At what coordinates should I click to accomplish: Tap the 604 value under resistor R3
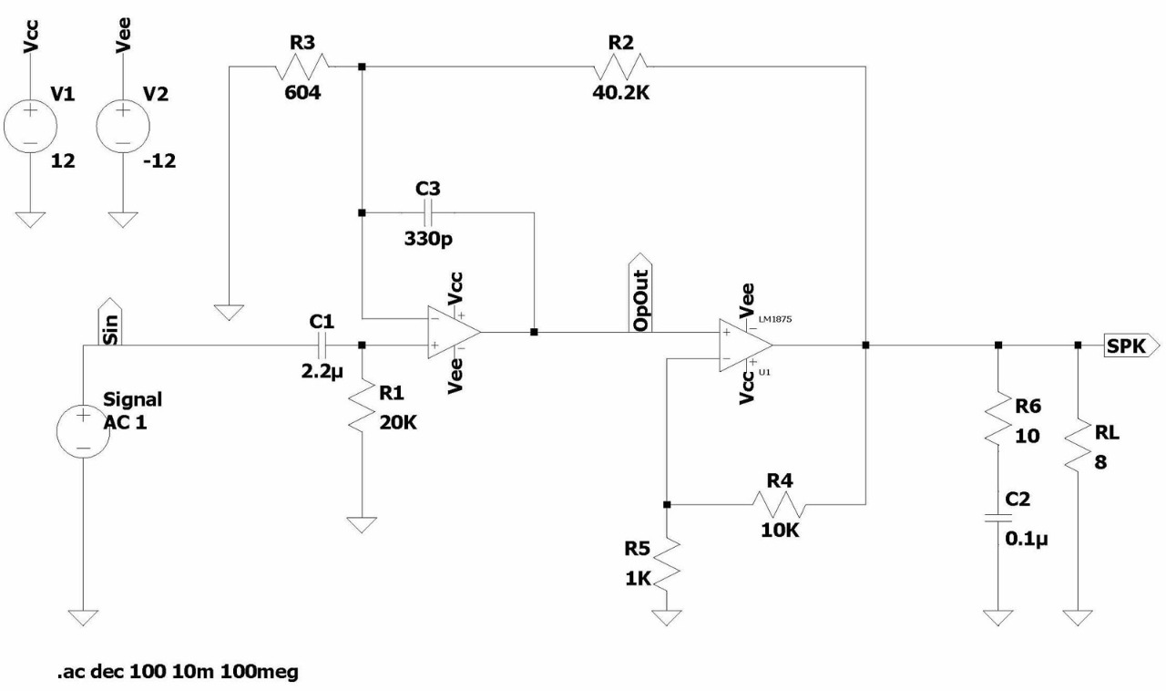[302, 93]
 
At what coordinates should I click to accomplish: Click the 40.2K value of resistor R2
[620, 93]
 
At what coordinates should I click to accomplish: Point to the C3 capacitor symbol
[428, 212]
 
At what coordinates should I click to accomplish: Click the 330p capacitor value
[428, 239]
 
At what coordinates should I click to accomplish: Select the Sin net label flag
[110, 322]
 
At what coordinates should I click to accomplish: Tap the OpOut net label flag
[640, 293]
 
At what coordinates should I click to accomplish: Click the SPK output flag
[1131, 345]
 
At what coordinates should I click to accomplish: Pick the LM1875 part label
[775, 319]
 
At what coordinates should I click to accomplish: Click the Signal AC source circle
[83, 431]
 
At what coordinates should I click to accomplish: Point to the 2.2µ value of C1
[322, 372]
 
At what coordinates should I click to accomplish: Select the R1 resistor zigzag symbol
[362, 407]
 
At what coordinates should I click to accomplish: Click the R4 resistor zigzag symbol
[779, 504]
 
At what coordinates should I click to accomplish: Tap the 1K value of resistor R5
[639, 579]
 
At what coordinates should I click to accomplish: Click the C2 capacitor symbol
[998, 518]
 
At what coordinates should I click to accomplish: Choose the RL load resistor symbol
[1078, 446]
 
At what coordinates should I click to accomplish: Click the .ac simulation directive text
[178, 672]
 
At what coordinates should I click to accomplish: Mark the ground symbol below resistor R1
[362, 525]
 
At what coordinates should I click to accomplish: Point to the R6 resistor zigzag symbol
[998, 418]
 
